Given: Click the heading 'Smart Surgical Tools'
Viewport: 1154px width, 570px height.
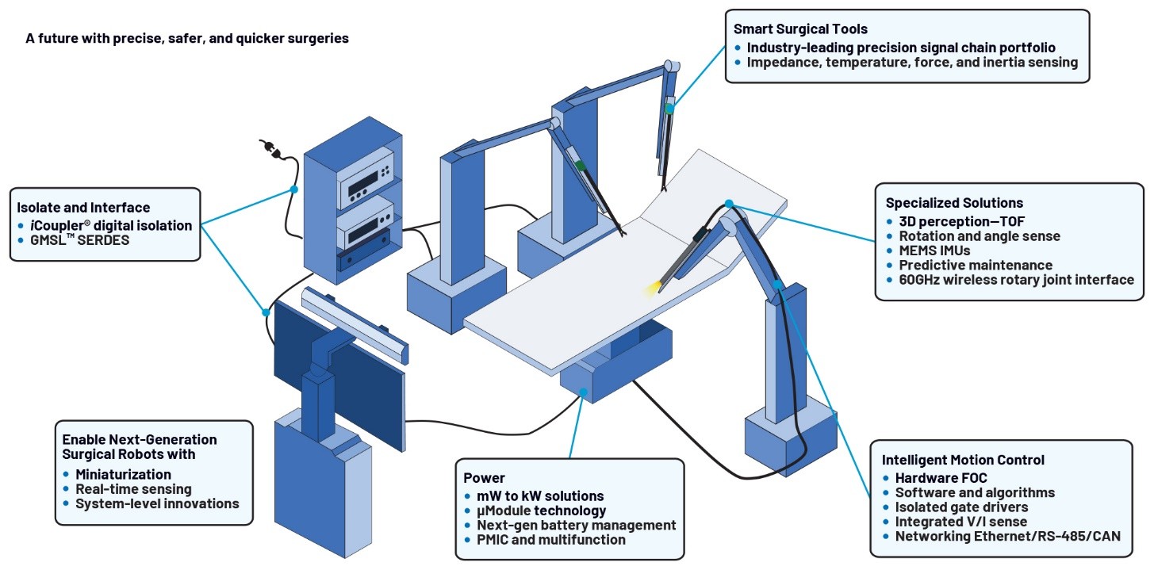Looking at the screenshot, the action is (800, 29).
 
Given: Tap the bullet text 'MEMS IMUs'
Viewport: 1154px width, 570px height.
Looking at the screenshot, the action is (934, 251).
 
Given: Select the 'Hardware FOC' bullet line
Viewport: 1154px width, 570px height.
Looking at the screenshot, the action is (941, 478).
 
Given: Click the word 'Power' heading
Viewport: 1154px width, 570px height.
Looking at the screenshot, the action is (484, 478).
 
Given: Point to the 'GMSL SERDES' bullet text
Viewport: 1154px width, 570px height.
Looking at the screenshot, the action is (80, 240).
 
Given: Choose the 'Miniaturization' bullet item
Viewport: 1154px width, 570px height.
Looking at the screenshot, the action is (123, 474).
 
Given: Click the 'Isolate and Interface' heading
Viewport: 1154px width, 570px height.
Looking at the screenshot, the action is (83, 208).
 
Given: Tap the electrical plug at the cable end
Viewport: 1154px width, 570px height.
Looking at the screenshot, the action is (270, 147).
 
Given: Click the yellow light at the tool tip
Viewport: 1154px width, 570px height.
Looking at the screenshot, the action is (651, 289).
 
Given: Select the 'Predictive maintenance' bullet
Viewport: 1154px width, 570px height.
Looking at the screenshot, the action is (976, 265).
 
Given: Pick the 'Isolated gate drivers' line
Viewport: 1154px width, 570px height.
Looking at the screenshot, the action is (961, 507).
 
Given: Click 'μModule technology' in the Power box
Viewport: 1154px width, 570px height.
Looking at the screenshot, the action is (541, 511).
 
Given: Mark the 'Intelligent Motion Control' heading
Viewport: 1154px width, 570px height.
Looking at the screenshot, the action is (963, 460).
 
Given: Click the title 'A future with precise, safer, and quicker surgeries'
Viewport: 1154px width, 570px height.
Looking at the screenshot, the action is (187, 39).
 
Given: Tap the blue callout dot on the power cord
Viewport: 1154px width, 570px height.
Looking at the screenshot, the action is (294, 189).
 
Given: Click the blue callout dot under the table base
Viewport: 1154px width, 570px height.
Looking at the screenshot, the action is (583, 392).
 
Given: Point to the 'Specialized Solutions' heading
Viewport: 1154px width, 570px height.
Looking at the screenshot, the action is (954, 203).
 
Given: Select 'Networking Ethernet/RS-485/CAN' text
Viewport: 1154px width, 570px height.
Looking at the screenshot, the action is (1008, 537).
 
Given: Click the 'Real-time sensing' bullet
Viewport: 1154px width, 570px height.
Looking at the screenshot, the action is (133, 489).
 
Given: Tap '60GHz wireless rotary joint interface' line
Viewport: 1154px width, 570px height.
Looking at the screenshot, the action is (1017, 280).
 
